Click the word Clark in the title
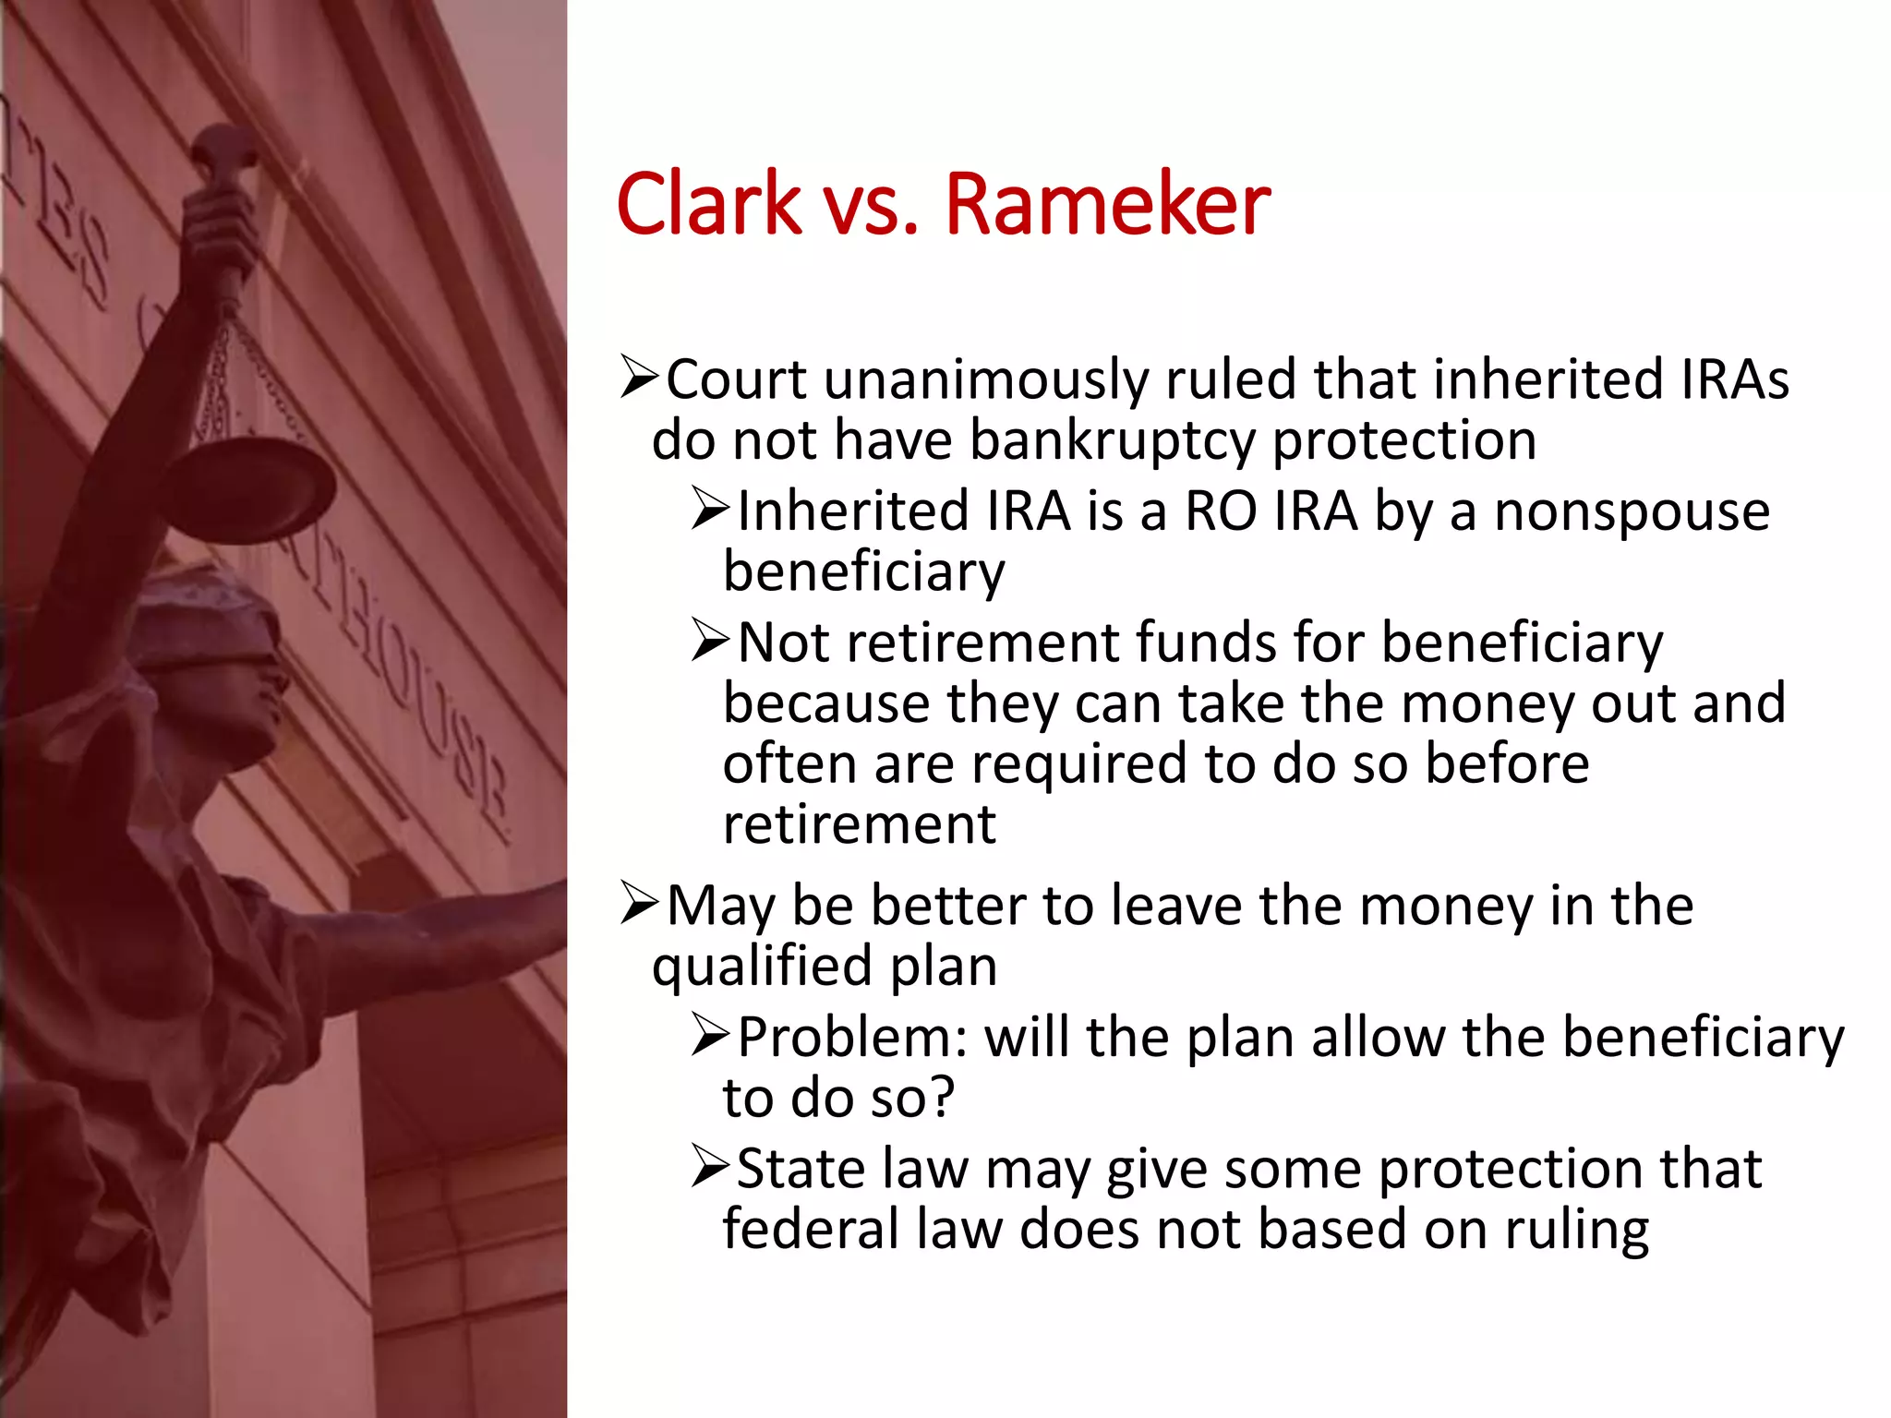point(709,204)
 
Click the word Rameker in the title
point(1107,204)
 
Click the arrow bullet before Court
point(639,379)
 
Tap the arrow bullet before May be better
point(639,905)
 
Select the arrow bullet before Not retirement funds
point(711,642)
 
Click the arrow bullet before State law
point(711,1169)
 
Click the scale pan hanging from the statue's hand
point(249,485)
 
